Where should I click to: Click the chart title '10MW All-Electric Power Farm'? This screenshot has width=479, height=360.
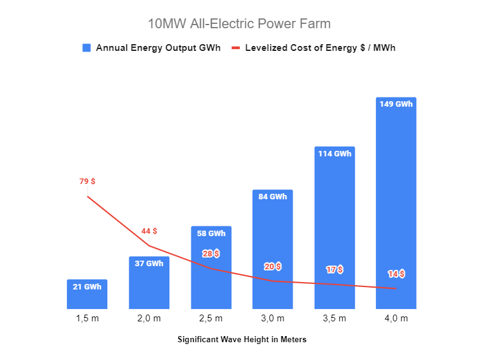tap(239, 24)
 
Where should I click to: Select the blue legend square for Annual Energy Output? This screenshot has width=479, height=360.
tap(86, 48)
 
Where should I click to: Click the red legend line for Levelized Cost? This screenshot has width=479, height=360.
tap(236, 48)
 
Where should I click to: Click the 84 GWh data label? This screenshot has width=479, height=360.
tap(273, 197)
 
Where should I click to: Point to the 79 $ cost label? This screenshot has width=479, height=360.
tap(87, 182)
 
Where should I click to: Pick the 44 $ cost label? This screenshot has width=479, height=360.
tap(149, 231)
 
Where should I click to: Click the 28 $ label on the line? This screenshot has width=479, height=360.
tap(211, 253)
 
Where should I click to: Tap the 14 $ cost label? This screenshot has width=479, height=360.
tap(396, 274)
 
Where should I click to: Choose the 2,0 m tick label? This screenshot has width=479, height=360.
tap(149, 319)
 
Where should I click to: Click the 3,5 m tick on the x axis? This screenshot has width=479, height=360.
tap(334, 319)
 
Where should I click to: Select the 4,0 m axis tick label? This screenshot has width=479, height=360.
tap(396, 319)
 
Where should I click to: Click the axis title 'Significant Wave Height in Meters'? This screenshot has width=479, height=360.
tap(242, 339)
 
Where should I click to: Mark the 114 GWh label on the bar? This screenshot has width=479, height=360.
tap(335, 154)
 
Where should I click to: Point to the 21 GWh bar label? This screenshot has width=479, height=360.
tap(87, 286)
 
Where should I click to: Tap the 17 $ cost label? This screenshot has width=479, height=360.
tap(335, 269)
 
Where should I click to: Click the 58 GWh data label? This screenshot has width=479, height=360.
tap(211, 234)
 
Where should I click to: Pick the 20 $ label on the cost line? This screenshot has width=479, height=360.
tap(273, 266)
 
